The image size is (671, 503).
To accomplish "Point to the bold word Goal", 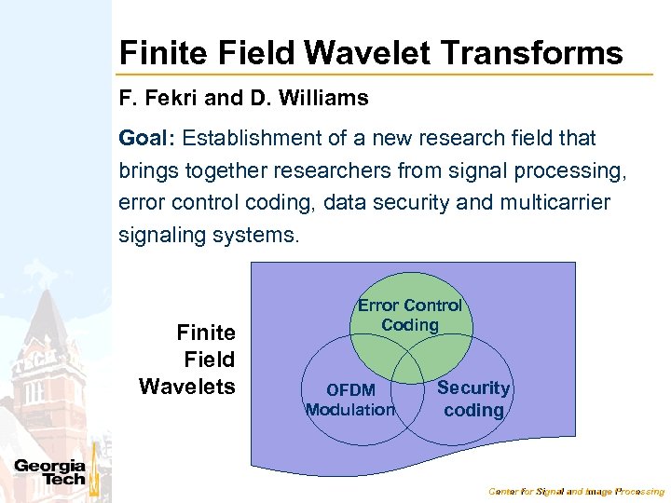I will pos(146,139).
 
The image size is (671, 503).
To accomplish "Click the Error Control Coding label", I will pos(410,315).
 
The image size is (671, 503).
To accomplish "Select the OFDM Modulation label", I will pos(350,400).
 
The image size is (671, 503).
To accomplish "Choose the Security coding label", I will pos(473,399).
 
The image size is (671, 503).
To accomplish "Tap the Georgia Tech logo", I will pos(50,472).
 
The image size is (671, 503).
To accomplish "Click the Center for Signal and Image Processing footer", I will pos(577,491).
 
